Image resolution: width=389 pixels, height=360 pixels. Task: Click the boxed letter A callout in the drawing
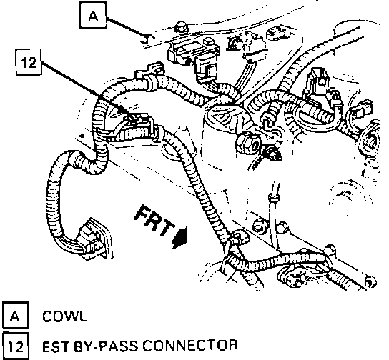[93, 16]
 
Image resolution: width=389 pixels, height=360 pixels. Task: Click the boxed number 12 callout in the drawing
[29, 62]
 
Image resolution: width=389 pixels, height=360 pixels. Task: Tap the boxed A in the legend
[16, 316]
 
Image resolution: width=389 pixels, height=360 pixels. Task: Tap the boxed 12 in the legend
[16, 346]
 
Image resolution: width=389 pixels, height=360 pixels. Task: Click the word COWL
[64, 316]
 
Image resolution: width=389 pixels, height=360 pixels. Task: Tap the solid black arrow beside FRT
[180, 236]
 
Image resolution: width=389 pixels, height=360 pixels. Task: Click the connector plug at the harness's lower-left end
[94, 239]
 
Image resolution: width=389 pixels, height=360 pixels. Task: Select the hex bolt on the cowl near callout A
[181, 28]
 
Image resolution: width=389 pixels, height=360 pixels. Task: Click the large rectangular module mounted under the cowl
[193, 51]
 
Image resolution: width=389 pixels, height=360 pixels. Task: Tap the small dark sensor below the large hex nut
[273, 154]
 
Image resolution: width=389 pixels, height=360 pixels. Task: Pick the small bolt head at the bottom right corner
[370, 281]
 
